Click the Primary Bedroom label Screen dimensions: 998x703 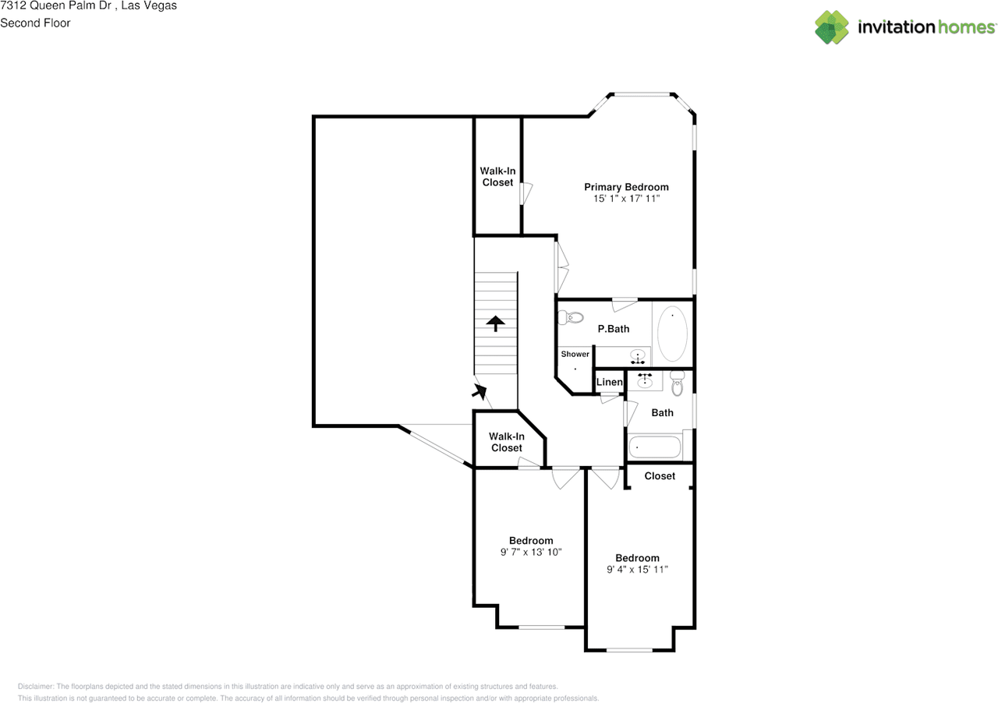pyautogui.click(x=626, y=187)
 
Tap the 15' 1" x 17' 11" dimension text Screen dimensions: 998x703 pyautogui.click(x=626, y=199)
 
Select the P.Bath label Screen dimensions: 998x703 pyautogui.click(x=614, y=329)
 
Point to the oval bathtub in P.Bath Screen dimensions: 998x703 pyautogui.click(x=672, y=334)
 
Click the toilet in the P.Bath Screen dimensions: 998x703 pyautogui.click(x=571, y=318)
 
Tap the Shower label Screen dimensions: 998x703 pyautogui.click(x=575, y=354)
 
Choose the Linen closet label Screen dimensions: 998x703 pyautogui.click(x=609, y=382)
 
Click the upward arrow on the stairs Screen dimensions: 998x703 pyautogui.click(x=495, y=323)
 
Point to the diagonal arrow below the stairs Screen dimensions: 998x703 pyautogui.click(x=480, y=391)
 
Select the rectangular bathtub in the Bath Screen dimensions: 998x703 pyautogui.click(x=654, y=447)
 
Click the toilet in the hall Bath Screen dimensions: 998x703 pyautogui.click(x=678, y=383)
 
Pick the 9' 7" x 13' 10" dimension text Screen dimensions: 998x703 pyautogui.click(x=531, y=552)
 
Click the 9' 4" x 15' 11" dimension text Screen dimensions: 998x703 pyautogui.click(x=637, y=570)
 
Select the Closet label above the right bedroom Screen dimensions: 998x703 pyautogui.click(x=660, y=475)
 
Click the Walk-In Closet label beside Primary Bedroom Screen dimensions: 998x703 pyautogui.click(x=497, y=177)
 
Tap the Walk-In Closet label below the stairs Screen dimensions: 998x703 pyautogui.click(x=507, y=442)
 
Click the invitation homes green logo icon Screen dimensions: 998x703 pyautogui.click(x=831, y=27)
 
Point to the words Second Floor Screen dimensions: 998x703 pyautogui.click(x=35, y=23)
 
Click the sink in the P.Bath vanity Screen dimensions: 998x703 pyautogui.click(x=638, y=357)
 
